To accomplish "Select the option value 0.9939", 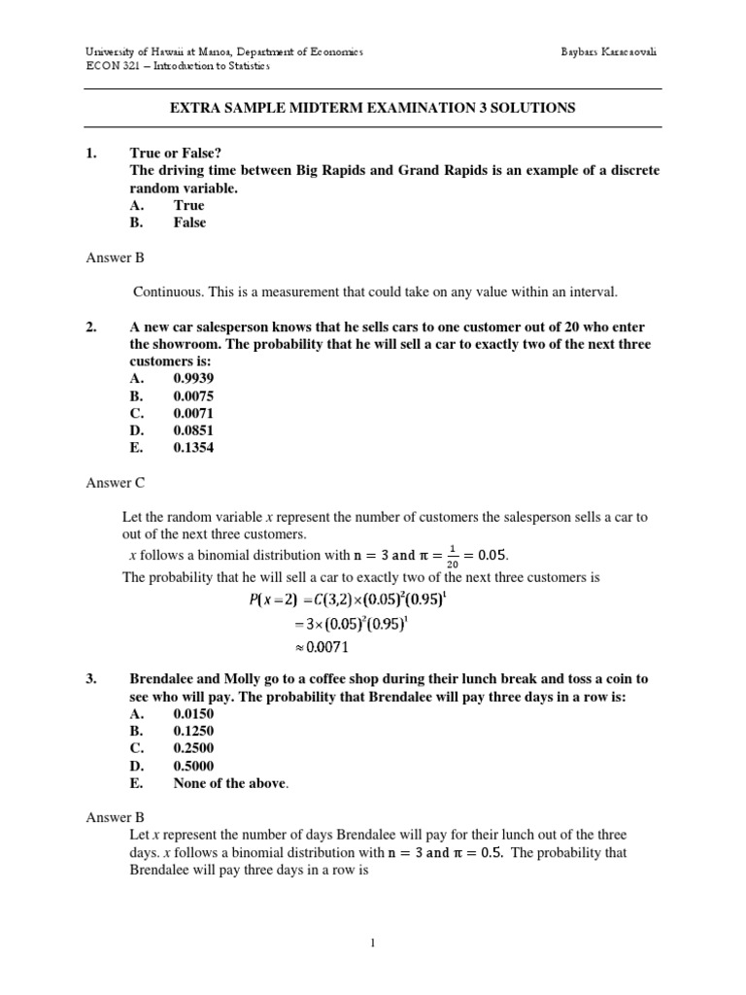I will pos(193,379).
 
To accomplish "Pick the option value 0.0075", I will pos(193,396).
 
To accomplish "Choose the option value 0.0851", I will pos(193,430).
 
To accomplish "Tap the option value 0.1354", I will pos(193,448).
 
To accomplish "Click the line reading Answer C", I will pos(115,483).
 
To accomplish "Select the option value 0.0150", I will pos(193,713).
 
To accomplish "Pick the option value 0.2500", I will pos(193,748).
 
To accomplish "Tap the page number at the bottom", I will pos(372,953).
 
